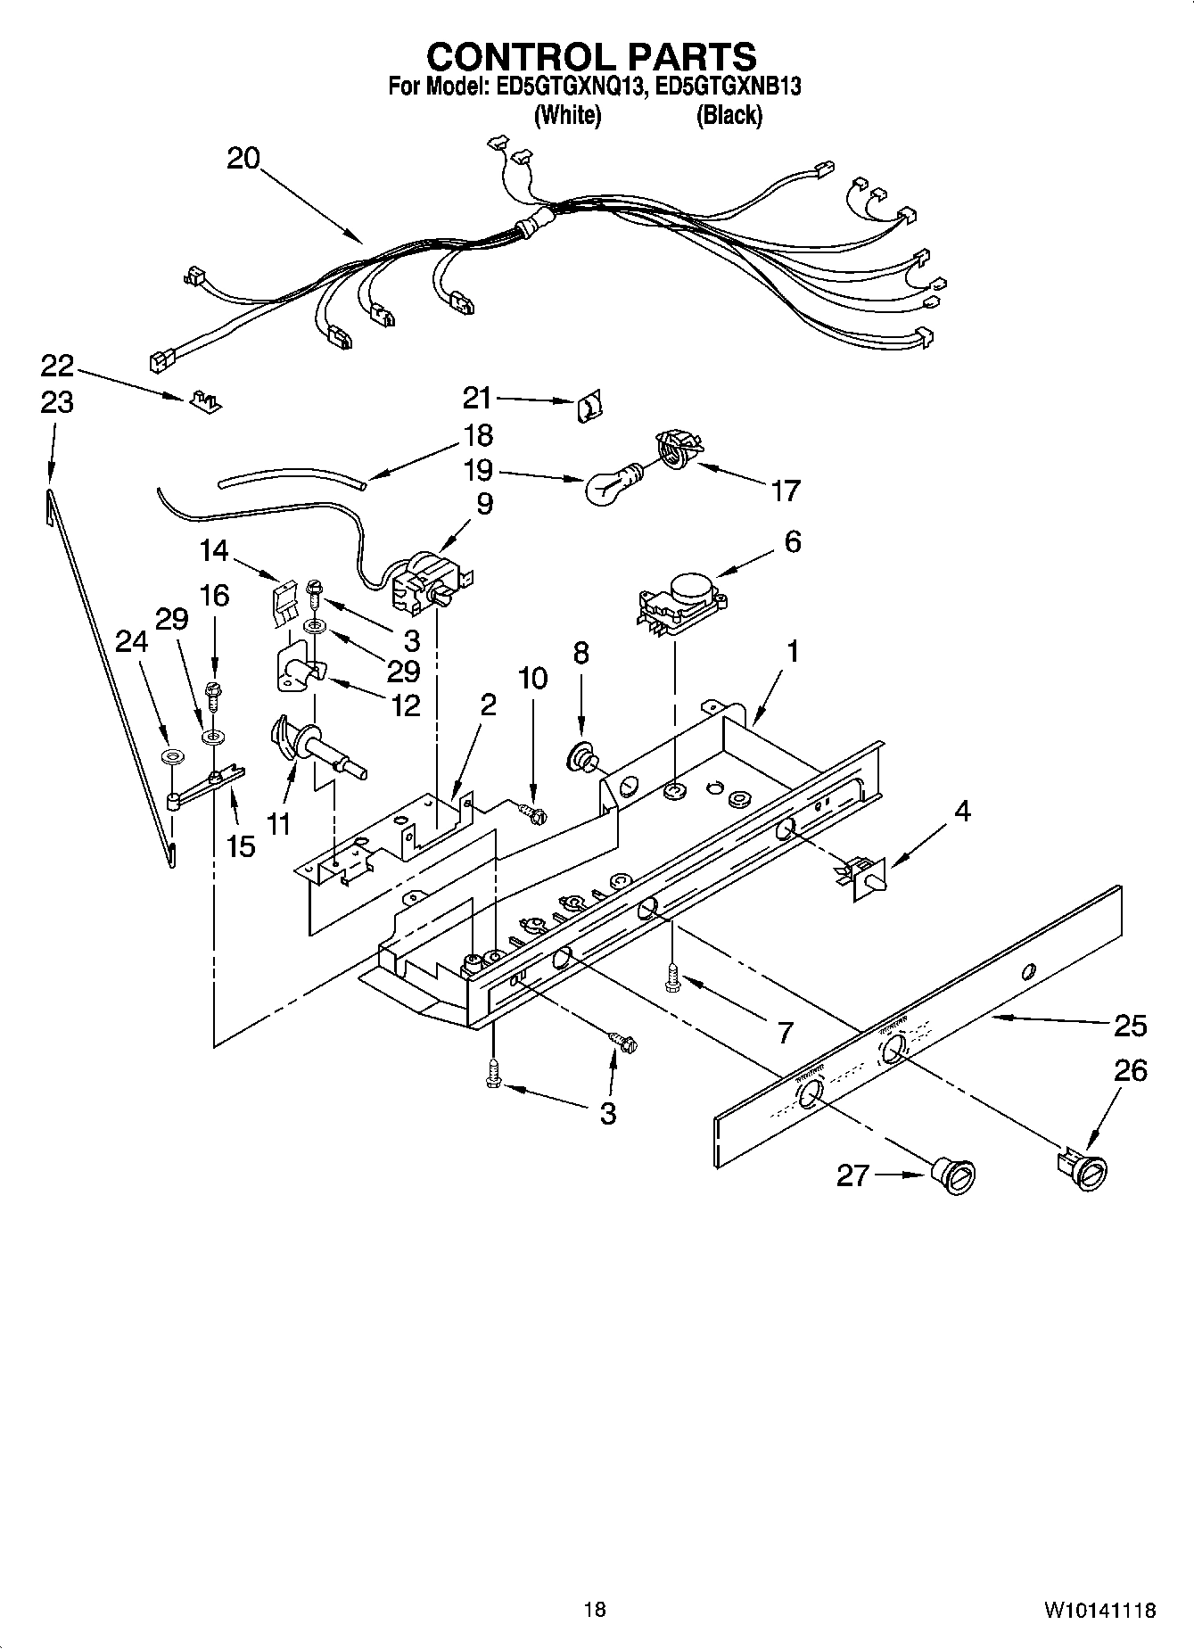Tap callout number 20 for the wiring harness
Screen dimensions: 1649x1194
pyautogui.click(x=243, y=160)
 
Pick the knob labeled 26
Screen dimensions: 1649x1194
pyautogui.click(x=1083, y=1169)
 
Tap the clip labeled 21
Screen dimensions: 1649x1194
pyautogui.click(x=589, y=406)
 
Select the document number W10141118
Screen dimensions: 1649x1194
pyautogui.click(x=1099, y=1611)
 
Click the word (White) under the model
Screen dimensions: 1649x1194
pyautogui.click(x=567, y=116)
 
